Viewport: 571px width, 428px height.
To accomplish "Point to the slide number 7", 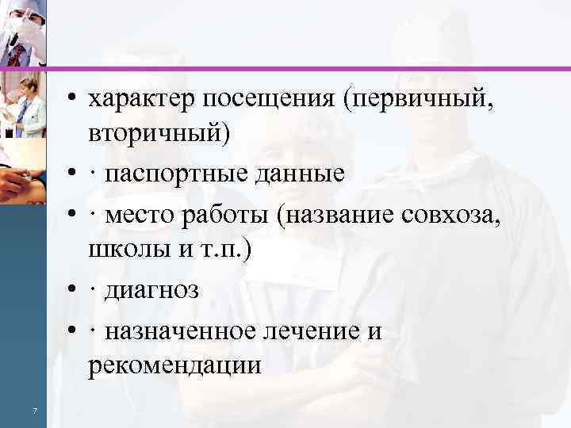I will pyautogui.click(x=35, y=410).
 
